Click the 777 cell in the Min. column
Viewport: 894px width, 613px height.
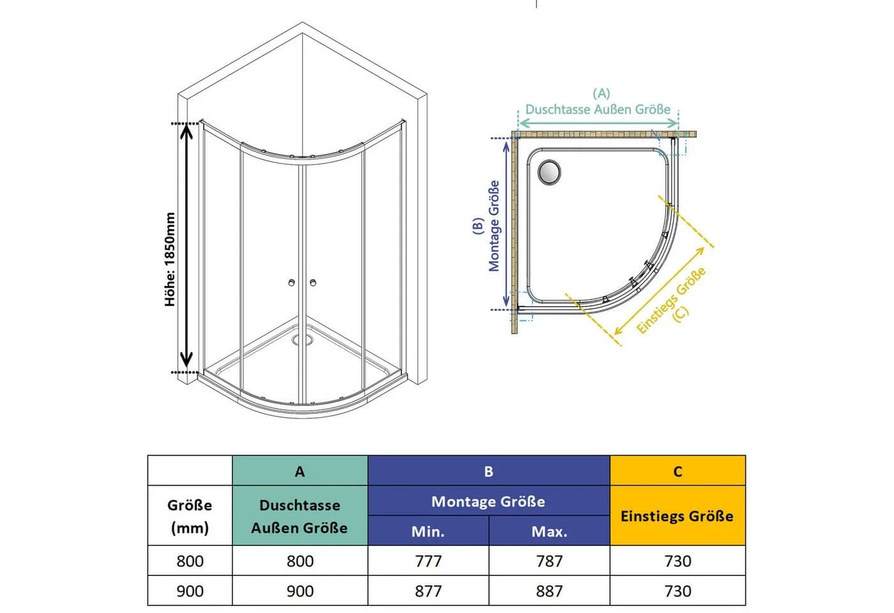click(x=428, y=561)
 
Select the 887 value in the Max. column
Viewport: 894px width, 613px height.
click(x=550, y=591)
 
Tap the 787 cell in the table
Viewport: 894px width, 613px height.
click(x=550, y=561)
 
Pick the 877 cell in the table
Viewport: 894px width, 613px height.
click(x=428, y=591)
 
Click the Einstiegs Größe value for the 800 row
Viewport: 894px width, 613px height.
click(x=678, y=561)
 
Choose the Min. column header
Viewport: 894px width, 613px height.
click(x=428, y=531)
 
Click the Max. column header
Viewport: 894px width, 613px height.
click(x=550, y=531)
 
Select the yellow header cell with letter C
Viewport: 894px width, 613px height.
click(x=678, y=471)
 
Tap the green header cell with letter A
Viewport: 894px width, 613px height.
click(x=299, y=471)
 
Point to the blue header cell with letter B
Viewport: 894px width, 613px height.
click(x=489, y=471)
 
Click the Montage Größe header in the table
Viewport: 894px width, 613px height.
click(x=489, y=501)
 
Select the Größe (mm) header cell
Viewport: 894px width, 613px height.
click(x=190, y=516)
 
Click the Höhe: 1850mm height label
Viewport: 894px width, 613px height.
click(x=170, y=259)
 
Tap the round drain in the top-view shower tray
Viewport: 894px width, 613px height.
click(x=549, y=172)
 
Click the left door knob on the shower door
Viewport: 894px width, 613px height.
click(x=292, y=282)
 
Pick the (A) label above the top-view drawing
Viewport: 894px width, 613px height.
click(x=601, y=93)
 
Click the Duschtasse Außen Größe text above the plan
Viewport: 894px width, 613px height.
click(x=598, y=109)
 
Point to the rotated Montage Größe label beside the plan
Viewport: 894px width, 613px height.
click(x=494, y=226)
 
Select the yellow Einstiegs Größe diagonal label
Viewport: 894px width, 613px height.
click(x=671, y=300)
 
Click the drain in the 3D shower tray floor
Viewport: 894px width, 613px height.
click(x=302, y=340)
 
